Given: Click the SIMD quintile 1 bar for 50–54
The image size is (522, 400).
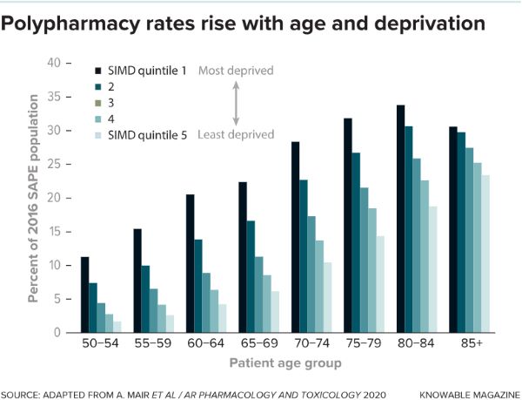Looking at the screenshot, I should (x=85, y=295).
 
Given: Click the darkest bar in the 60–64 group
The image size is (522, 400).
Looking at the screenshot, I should (x=191, y=263).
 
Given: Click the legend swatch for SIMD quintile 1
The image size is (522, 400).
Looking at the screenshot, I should (x=97, y=70).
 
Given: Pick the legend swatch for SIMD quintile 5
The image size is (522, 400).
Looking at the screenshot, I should (x=97, y=134).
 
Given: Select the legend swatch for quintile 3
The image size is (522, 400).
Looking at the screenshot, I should (x=97, y=102).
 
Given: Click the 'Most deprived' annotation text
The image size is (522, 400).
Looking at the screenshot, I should (x=236, y=70).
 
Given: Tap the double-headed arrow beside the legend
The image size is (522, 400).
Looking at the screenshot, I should (x=236, y=102).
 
